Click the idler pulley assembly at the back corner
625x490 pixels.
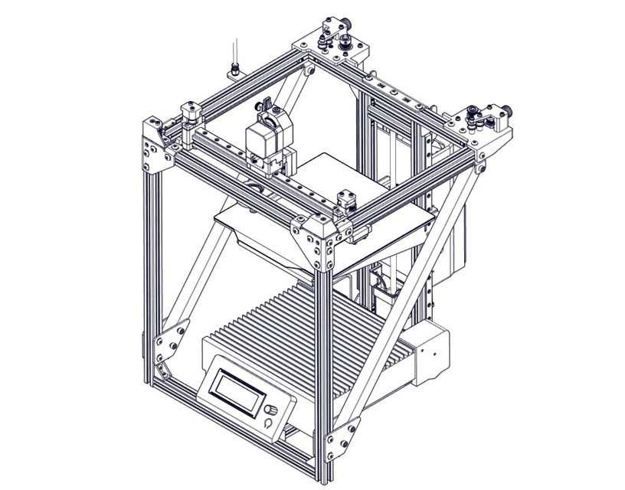(336, 38)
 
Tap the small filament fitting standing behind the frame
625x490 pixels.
(234, 61)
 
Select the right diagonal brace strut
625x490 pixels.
(414, 291)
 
